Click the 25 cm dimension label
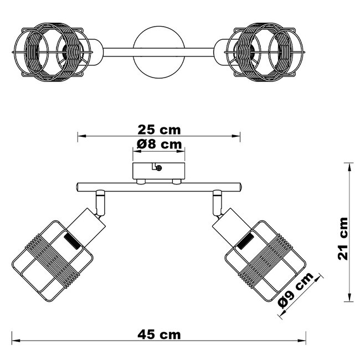click(159, 130)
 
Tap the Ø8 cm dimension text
click(159, 145)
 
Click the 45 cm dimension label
click(159, 335)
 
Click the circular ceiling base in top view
click(159, 52)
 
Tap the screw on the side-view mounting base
click(159, 168)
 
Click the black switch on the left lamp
click(71, 241)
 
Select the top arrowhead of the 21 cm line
click(349, 165)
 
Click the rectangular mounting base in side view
click(159, 171)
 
